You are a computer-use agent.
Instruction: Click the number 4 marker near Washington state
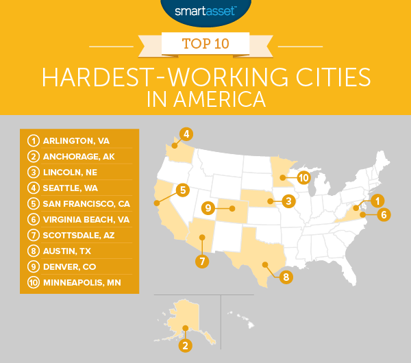point(185,133)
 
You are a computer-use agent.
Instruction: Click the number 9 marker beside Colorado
point(206,208)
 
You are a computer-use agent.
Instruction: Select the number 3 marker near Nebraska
point(290,201)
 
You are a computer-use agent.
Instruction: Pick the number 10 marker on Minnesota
point(303,178)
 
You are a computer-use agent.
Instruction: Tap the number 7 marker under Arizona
point(203,260)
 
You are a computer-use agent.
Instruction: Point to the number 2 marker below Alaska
point(184,345)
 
